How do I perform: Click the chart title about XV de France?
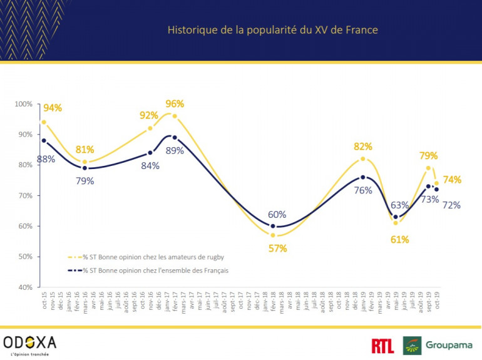[272, 29]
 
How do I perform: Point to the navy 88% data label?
[46, 158]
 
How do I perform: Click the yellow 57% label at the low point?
[278, 248]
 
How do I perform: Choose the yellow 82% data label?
[363, 147]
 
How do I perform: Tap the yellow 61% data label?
[400, 239]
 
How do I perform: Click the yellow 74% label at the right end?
[453, 180]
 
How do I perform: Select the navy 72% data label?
[452, 205]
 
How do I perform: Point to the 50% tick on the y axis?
[25, 257]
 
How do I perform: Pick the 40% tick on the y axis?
[25, 287]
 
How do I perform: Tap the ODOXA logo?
[29, 343]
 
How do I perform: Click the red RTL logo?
[382, 345]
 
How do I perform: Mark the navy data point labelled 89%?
[175, 137]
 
